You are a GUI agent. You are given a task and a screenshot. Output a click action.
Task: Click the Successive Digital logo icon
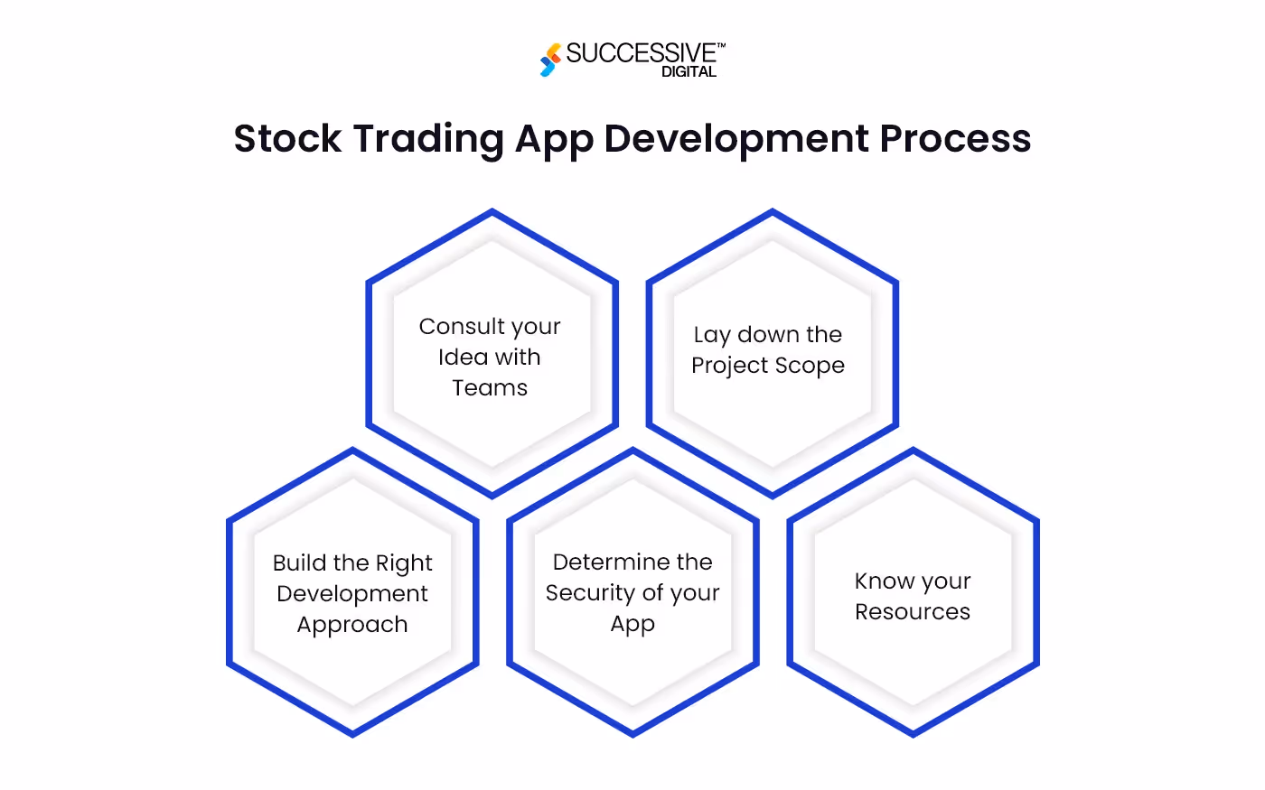(x=550, y=60)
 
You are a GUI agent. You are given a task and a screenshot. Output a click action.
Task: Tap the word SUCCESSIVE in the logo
(x=641, y=54)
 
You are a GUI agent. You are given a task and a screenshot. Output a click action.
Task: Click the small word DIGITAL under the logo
(x=689, y=72)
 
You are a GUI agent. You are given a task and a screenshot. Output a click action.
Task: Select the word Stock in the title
(x=287, y=139)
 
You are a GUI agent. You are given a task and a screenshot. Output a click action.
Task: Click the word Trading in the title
(x=428, y=139)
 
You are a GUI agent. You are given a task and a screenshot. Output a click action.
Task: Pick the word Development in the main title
(x=735, y=139)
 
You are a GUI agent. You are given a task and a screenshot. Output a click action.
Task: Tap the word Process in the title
(x=955, y=139)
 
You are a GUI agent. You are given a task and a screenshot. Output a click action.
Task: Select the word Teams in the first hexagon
(x=490, y=387)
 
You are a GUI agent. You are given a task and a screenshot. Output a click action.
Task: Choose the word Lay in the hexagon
(x=711, y=335)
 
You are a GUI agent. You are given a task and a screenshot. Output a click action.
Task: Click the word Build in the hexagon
(x=299, y=562)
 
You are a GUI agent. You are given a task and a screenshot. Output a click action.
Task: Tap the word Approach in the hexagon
(x=352, y=625)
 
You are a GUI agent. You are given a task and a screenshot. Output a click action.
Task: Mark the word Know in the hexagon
(x=881, y=581)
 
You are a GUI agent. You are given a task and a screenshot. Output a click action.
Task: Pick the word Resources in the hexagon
(x=913, y=611)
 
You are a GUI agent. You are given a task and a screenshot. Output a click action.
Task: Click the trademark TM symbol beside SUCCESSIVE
(x=721, y=44)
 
